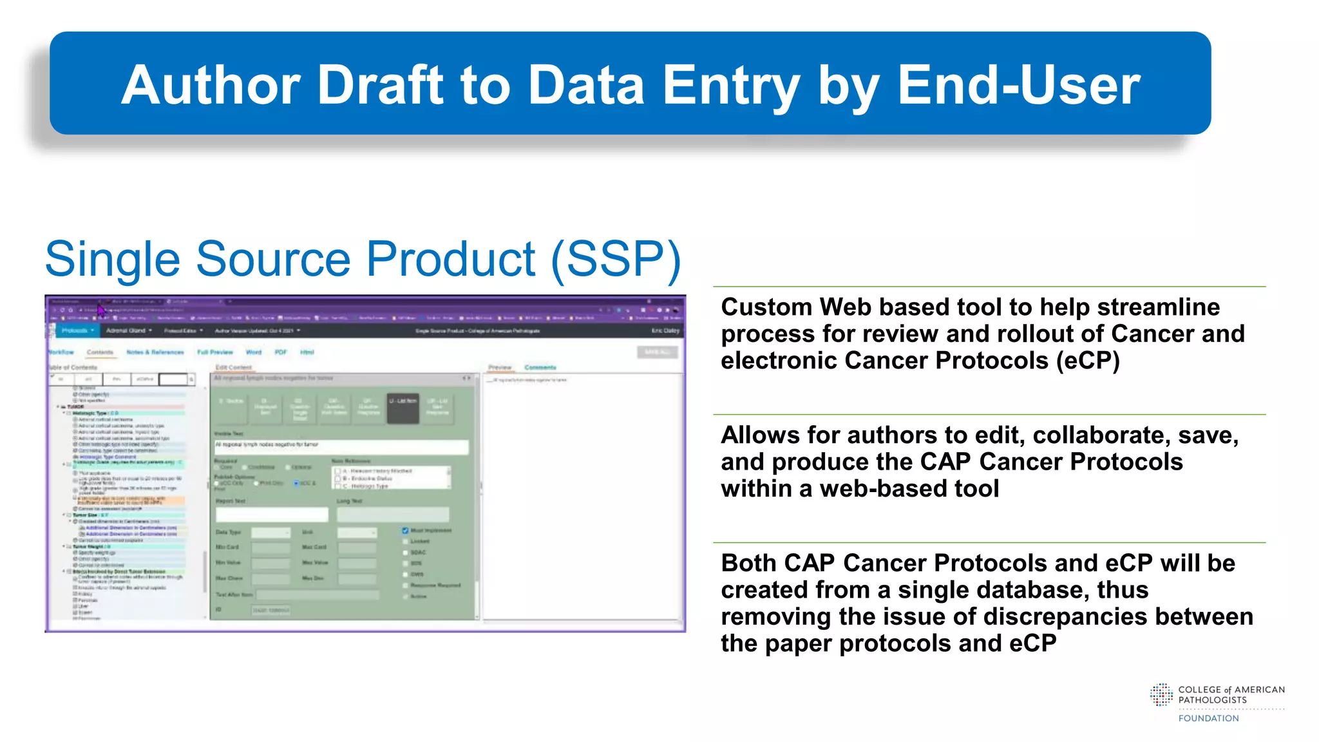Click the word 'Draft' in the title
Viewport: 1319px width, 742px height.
pyautogui.click(x=384, y=85)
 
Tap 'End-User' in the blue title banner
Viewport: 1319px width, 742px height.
pyautogui.click(x=1018, y=85)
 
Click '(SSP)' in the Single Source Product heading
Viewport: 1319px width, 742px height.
pyautogui.click(x=615, y=259)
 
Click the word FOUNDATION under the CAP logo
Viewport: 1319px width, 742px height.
pyautogui.click(x=1208, y=718)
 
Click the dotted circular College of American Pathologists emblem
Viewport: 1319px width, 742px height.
pyautogui.click(x=1161, y=695)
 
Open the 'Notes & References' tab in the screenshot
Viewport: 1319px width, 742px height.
pyautogui.click(x=155, y=352)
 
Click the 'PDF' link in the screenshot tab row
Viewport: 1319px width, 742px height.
pyautogui.click(x=281, y=352)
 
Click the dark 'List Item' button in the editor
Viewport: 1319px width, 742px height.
pyautogui.click(x=403, y=408)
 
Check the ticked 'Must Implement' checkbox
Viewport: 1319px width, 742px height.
pyautogui.click(x=405, y=531)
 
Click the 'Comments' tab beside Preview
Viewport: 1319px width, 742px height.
pyautogui.click(x=540, y=368)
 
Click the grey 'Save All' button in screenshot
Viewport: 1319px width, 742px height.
pyautogui.click(x=657, y=352)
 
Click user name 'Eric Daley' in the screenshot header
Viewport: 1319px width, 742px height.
pyautogui.click(x=665, y=330)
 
